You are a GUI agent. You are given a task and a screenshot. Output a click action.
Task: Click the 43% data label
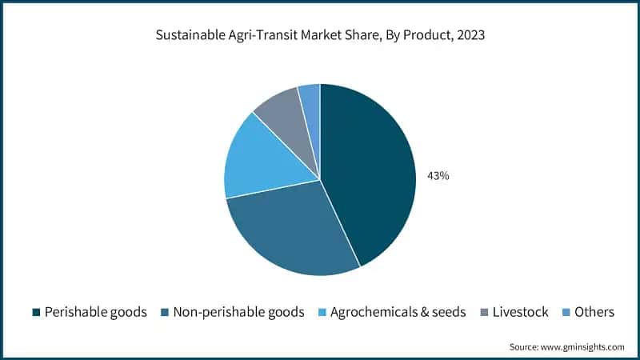click(x=438, y=175)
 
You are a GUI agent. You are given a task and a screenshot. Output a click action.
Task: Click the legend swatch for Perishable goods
click(x=35, y=312)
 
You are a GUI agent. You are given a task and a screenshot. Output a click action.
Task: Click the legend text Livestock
click(x=520, y=312)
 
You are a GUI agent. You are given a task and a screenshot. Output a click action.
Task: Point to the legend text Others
click(x=594, y=312)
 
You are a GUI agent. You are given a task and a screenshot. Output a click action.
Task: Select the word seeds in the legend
click(x=446, y=312)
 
